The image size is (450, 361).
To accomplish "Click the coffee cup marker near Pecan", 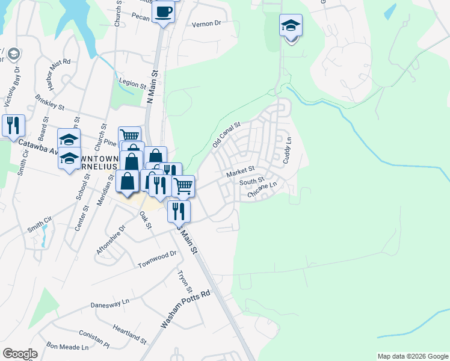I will point(163,12).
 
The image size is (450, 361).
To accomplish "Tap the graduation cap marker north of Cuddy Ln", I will point(291,26).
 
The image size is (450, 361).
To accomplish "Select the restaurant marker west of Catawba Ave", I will point(13,126).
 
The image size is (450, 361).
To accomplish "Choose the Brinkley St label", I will point(49,102).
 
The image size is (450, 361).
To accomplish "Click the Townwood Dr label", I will point(157,259).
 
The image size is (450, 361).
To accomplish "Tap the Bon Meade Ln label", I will point(67,347).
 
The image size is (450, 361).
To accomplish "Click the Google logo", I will point(20,354).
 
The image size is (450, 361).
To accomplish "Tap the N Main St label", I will point(154,87).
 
